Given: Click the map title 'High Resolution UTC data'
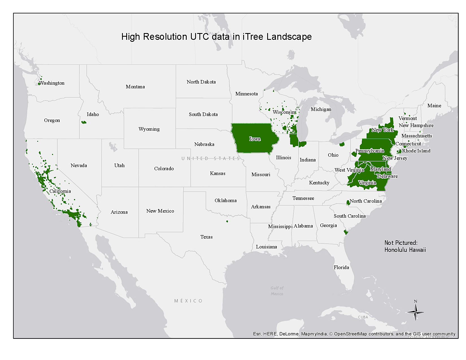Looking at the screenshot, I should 216,37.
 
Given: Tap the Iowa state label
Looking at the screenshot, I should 255,139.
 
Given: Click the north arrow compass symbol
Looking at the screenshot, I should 415,312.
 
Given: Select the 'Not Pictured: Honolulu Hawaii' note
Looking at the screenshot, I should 405,246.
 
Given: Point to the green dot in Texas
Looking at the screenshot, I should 227,221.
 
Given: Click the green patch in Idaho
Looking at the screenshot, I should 84,122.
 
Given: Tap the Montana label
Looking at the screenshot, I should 135,87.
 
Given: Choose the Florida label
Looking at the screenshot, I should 341,267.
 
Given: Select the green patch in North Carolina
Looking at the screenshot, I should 348,202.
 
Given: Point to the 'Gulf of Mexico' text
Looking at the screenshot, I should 277,291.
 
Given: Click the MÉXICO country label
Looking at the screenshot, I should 188,301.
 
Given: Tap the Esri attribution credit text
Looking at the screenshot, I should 354,334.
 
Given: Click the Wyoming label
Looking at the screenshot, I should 149,129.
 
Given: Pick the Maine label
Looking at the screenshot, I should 434,106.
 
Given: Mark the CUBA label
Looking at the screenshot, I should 363,317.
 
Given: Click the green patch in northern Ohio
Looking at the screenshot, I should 342,144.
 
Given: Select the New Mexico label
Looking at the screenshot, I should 160,211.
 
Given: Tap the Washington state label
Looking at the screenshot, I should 52,83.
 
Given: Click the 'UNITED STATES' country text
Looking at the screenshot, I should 210,158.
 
